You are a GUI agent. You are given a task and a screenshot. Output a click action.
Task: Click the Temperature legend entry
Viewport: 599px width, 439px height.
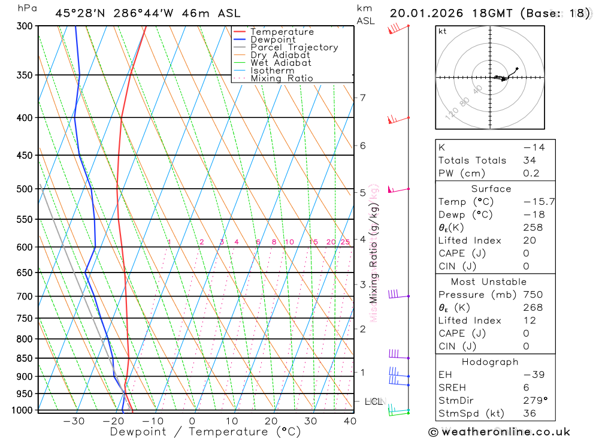[x=282, y=32]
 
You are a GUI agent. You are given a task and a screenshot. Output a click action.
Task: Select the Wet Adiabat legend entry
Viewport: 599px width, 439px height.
[x=280, y=62]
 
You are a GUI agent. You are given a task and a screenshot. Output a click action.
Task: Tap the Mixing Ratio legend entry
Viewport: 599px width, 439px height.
[x=282, y=78]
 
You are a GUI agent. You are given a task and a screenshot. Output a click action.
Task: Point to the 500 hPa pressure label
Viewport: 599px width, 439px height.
[x=23, y=189]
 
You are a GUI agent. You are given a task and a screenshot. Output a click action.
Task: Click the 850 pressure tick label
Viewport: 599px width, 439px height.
[x=23, y=358]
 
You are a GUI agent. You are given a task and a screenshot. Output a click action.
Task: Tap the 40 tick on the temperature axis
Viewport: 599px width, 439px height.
[x=350, y=421]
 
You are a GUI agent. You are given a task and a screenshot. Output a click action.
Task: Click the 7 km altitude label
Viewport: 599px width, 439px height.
[x=362, y=98]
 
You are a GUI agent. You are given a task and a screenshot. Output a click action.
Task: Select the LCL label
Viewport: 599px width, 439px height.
[x=373, y=401]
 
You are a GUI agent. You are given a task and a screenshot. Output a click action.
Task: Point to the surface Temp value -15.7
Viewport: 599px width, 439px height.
[x=539, y=202]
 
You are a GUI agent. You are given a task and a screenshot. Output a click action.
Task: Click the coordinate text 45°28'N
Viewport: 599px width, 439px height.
[x=79, y=13]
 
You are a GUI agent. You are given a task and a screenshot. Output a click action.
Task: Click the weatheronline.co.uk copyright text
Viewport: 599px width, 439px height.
[x=500, y=432]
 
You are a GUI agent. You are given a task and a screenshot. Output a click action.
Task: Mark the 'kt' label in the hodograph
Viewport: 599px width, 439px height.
[x=443, y=31]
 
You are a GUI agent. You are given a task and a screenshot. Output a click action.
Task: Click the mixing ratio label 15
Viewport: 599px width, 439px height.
[x=313, y=242]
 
